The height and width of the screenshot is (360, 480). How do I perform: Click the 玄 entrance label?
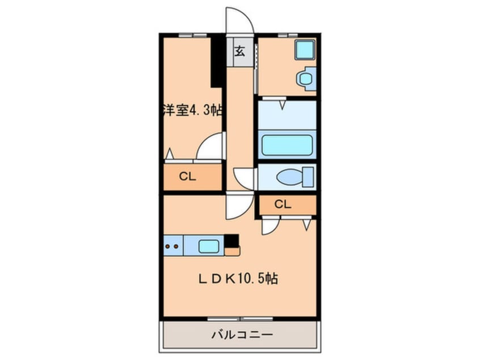[x=239, y=51]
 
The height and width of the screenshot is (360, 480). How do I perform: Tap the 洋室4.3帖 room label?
[x=192, y=110]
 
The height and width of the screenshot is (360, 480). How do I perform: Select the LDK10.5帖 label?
[x=238, y=278]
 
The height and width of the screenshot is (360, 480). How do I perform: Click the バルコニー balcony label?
[x=242, y=334]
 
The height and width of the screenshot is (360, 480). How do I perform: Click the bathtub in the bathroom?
[x=287, y=145]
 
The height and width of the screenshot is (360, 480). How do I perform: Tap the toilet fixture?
[x=295, y=177]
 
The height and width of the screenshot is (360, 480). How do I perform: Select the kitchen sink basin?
[x=209, y=246]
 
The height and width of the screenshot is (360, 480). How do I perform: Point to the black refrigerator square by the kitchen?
[x=231, y=241]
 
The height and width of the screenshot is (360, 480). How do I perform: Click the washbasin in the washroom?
[x=305, y=79]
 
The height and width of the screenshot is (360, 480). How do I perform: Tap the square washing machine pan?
[x=305, y=49]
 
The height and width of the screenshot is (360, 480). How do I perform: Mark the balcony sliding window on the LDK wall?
[x=239, y=319]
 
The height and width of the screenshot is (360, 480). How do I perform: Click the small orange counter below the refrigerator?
[x=232, y=251]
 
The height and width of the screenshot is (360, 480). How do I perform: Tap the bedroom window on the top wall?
[x=192, y=35]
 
